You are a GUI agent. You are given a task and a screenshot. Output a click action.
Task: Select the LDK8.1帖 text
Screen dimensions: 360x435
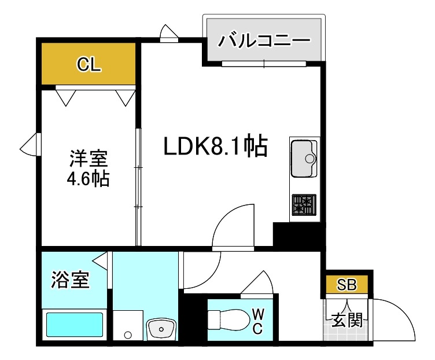[215, 147]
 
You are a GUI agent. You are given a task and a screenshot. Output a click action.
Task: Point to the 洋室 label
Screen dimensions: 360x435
[89, 157]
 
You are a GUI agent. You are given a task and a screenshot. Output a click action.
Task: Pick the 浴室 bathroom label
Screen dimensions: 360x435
[70, 281]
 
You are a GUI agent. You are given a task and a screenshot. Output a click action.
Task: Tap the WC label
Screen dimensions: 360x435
[258, 322]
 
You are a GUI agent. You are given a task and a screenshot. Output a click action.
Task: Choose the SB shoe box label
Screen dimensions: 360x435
[347, 285]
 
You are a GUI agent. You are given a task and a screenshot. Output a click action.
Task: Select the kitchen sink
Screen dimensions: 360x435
[304, 158]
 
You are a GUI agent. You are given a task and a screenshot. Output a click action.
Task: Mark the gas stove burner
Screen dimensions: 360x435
[304, 205]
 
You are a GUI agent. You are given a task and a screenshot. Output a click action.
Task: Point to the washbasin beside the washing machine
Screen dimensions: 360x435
[161, 330]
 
